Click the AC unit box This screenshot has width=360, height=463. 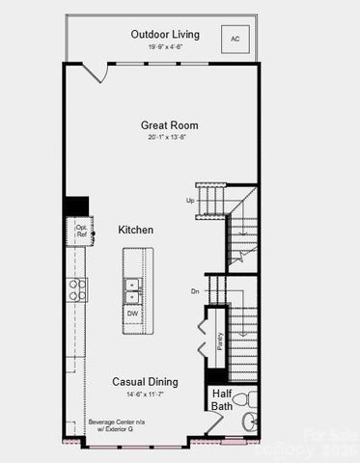pyautogui.click(x=233, y=40)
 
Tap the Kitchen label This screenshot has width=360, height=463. pyautogui.click(x=136, y=230)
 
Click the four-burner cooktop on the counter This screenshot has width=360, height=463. pyautogui.click(x=76, y=289)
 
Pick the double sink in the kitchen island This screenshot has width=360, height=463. pyautogui.click(x=133, y=290)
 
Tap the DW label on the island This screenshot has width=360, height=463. pyautogui.click(x=132, y=313)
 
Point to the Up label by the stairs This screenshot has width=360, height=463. pyautogui.click(x=190, y=200)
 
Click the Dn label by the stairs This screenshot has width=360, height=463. pyautogui.click(x=194, y=290)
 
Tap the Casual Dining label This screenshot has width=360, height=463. pyautogui.click(x=143, y=381)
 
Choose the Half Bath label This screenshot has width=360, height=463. pyautogui.click(x=222, y=400)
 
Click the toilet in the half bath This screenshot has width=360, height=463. pyautogui.click(x=240, y=398)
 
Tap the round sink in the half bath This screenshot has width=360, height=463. pyautogui.click(x=250, y=421)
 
